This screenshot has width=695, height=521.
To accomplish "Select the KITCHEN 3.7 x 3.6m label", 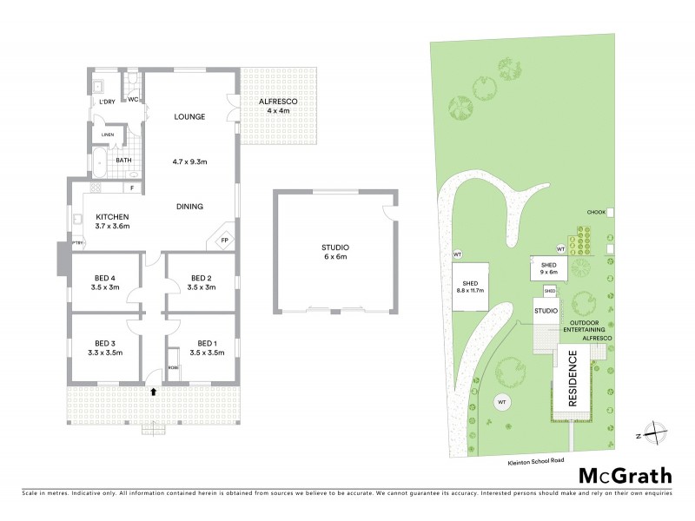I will (113, 221).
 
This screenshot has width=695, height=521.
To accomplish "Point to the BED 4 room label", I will (106, 282).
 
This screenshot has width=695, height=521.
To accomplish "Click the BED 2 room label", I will (201, 282).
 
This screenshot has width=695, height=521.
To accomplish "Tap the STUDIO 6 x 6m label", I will (334, 253).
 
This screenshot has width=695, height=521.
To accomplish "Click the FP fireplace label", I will (224, 240).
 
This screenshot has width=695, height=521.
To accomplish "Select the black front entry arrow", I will (155, 392).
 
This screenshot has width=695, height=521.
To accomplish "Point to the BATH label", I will (124, 160).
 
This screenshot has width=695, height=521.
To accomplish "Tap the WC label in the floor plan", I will (133, 100).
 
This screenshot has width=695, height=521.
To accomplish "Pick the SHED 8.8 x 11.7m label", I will (472, 287).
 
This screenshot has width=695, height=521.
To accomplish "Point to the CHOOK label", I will (595, 212).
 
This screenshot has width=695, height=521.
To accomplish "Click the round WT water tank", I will (501, 402).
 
